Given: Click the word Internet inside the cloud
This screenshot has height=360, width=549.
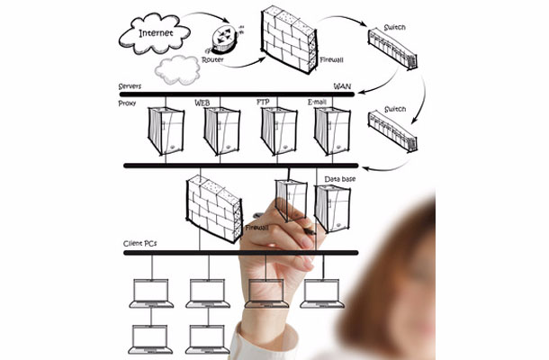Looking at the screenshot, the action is (x=156, y=33).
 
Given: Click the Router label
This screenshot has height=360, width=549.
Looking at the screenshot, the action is (x=212, y=60).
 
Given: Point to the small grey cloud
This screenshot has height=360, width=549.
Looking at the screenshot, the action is (x=177, y=70).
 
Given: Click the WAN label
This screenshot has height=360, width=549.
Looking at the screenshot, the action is (x=342, y=86).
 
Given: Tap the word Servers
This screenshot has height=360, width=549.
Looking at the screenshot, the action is (x=130, y=86).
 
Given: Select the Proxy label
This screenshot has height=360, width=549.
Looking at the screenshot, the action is (x=127, y=103).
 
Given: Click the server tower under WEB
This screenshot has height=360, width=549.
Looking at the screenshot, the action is (x=222, y=130).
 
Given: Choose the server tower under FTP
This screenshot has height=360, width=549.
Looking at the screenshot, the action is (x=279, y=130).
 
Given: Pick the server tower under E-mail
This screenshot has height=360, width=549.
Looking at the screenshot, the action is (x=332, y=130).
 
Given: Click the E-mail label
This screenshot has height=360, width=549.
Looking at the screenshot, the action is (x=317, y=102).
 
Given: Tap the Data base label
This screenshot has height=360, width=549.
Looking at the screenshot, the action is (x=339, y=179).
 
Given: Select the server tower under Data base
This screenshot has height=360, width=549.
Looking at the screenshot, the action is (x=332, y=209).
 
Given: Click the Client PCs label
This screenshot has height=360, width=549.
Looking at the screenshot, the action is (x=139, y=244).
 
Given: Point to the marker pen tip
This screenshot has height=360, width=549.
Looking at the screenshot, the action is (x=314, y=233).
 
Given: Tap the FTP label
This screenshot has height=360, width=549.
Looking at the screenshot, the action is (x=263, y=102).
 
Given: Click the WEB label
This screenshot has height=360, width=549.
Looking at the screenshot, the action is (x=202, y=103).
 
